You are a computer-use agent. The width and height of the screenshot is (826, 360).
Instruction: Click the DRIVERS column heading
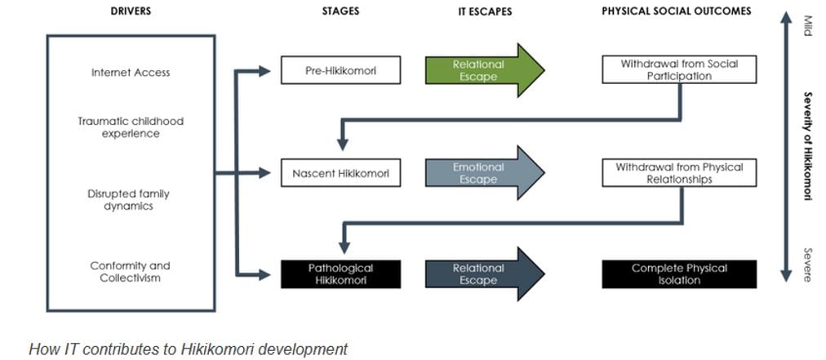coord(130,11)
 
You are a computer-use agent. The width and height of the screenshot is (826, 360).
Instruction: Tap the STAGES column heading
coord(341,11)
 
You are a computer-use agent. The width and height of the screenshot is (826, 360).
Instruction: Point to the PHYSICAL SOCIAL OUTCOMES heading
coord(676,11)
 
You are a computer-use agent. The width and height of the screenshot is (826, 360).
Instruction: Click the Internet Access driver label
coord(131,73)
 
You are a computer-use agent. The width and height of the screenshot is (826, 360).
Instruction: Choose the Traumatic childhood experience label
coord(131,127)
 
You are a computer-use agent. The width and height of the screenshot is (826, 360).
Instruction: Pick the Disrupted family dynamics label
coord(131,200)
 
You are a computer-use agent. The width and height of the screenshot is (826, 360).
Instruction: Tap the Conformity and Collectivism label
coord(131,272)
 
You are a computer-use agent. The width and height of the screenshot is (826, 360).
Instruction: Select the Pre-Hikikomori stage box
coord(340,70)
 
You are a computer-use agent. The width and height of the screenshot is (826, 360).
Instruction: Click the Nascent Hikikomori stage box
coord(340,173)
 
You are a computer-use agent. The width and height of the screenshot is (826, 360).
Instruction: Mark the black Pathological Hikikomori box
coord(340,273)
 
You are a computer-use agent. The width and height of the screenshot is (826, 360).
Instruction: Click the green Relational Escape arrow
coord(482,70)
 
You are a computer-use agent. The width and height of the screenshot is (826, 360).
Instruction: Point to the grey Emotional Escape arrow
coord(482,173)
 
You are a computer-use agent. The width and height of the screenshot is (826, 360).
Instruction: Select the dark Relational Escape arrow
coord(482,273)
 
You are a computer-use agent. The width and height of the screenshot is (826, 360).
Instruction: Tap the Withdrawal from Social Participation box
coord(679,69)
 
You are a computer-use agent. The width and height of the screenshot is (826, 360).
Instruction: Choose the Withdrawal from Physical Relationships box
coord(679,173)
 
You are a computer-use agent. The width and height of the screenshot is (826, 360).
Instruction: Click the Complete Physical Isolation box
coord(679,273)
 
